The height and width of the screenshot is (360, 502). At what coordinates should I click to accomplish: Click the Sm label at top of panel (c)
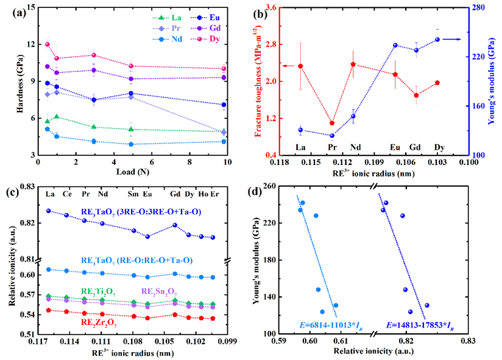point(133,195)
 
